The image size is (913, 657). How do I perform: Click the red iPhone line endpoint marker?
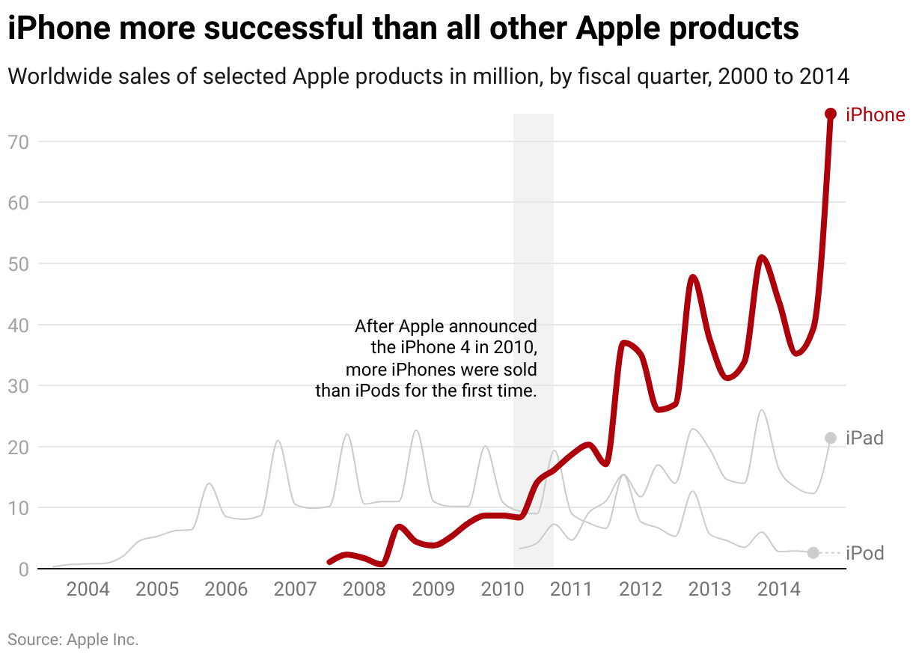[x=830, y=114]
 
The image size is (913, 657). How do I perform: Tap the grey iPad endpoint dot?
[x=830, y=438]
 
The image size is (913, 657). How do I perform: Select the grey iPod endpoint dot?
[x=813, y=552]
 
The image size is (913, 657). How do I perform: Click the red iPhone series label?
[x=875, y=114]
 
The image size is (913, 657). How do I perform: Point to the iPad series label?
[x=864, y=438]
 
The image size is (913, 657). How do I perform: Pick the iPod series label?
[x=864, y=553]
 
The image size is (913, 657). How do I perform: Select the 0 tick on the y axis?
[x=22, y=569]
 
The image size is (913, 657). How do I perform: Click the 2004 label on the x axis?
[x=88, y=589]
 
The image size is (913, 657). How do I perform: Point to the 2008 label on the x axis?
[x=364, y=589]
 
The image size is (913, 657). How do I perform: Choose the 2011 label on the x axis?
[x=572, y=589]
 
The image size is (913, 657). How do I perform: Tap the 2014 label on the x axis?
[x=779, y=589]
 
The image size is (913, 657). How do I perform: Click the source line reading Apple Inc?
[x=73, y=639]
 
